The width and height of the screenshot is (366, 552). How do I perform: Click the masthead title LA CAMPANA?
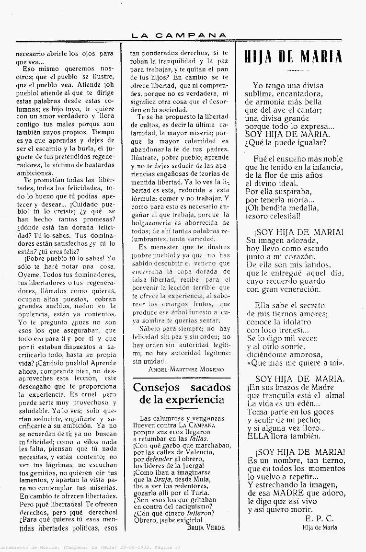179,35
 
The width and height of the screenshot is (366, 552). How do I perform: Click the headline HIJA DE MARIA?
294,57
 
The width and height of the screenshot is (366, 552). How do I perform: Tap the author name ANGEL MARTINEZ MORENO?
179,369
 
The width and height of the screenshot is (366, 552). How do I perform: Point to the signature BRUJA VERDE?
206,528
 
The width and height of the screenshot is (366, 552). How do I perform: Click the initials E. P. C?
319,518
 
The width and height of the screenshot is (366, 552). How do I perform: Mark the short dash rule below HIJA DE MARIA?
293,70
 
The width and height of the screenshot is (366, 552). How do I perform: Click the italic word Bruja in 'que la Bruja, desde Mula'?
162,479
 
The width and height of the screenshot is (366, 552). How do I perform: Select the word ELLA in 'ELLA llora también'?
258,436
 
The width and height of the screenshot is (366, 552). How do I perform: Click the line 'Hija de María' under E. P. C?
319,528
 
